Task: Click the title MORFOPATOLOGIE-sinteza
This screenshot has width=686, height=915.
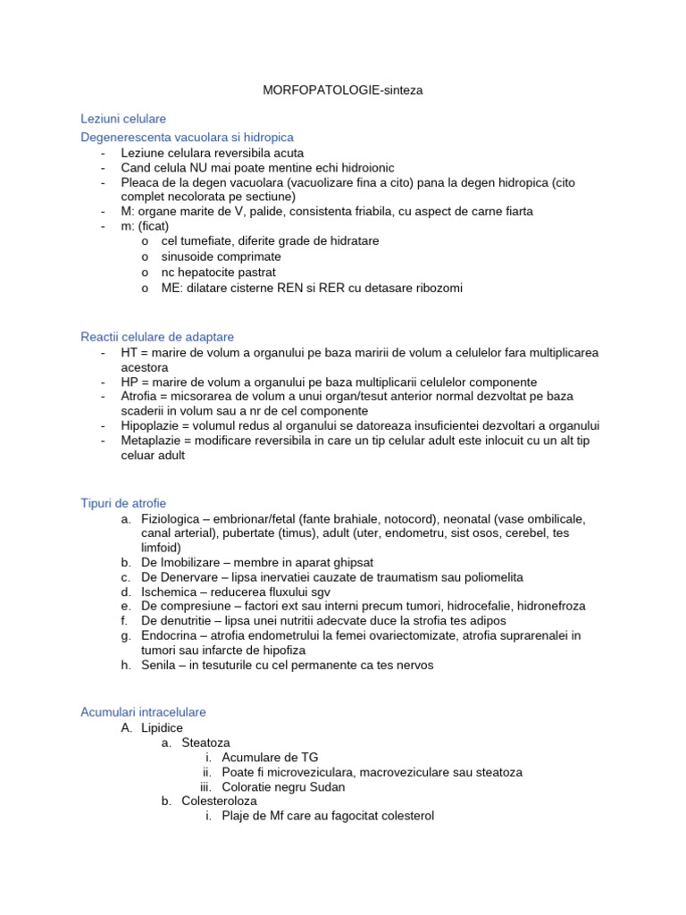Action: pyautogui.click(x=343, y=90)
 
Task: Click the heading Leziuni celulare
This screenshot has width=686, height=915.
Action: pyautogui.click(x=123, y=118)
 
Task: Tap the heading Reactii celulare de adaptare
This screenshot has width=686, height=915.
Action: pyautogui.click(x=157, y=337)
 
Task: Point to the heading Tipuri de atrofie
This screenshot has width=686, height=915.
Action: pyautogui.click(x=123, y=503)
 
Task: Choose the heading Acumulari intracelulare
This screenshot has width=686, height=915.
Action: pyautogui.click(x=143, y=712)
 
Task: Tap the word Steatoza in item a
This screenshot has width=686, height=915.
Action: pyautogui.click(x=205, y=743)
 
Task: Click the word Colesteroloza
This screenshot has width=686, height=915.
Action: pyautogui.click(x=219, y=802)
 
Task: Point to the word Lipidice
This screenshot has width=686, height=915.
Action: pyautogui.click(x=162, y=728)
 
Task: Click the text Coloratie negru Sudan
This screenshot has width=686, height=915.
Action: pyautogui.click(x=283, y=786)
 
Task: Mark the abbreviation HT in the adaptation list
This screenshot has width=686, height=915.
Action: pyautogui.click(x=129, y=353)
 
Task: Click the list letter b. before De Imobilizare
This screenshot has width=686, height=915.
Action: pyautogui.click(x=126, y=563)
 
